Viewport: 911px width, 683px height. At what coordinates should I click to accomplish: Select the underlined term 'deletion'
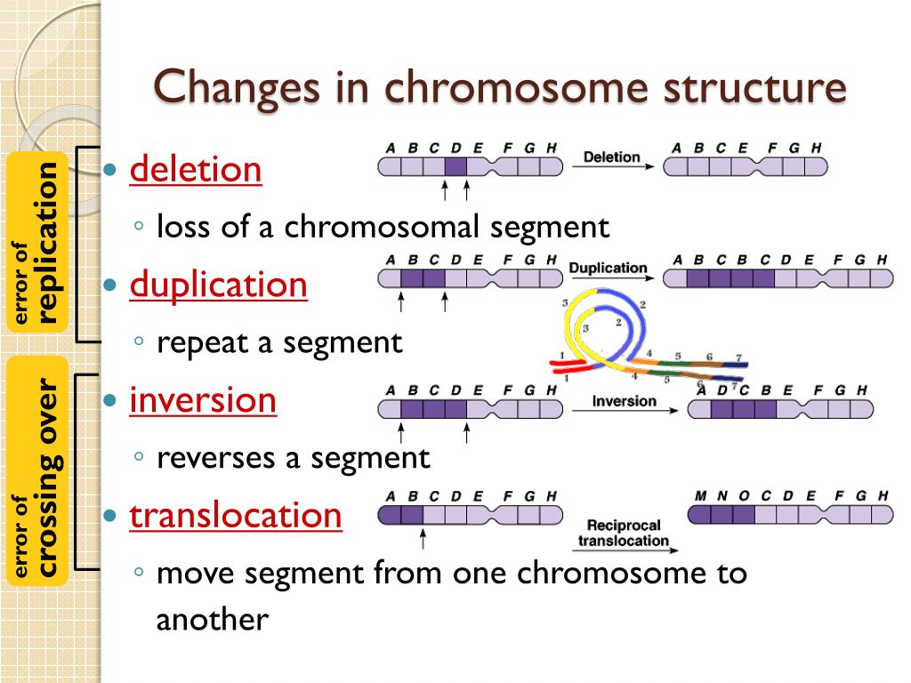coord(196,169)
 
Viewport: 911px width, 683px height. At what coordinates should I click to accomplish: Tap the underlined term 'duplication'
coord(219,285)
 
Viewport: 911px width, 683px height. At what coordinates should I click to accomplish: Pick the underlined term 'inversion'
coord(204,400)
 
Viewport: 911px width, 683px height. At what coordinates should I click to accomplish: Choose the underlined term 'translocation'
coord(236,516)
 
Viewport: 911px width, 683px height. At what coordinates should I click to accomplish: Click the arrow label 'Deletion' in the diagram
coord(611,157)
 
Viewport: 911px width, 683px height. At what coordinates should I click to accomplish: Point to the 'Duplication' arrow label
coord(608,268)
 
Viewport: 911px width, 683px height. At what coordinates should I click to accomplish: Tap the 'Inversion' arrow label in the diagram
coord(624,401)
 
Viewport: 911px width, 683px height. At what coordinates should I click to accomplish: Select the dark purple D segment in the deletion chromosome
coord(455,166)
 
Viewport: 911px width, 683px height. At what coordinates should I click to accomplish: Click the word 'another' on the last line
coord(212,619)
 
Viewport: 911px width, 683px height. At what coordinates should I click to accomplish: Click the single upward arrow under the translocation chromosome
coord(423,537)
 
